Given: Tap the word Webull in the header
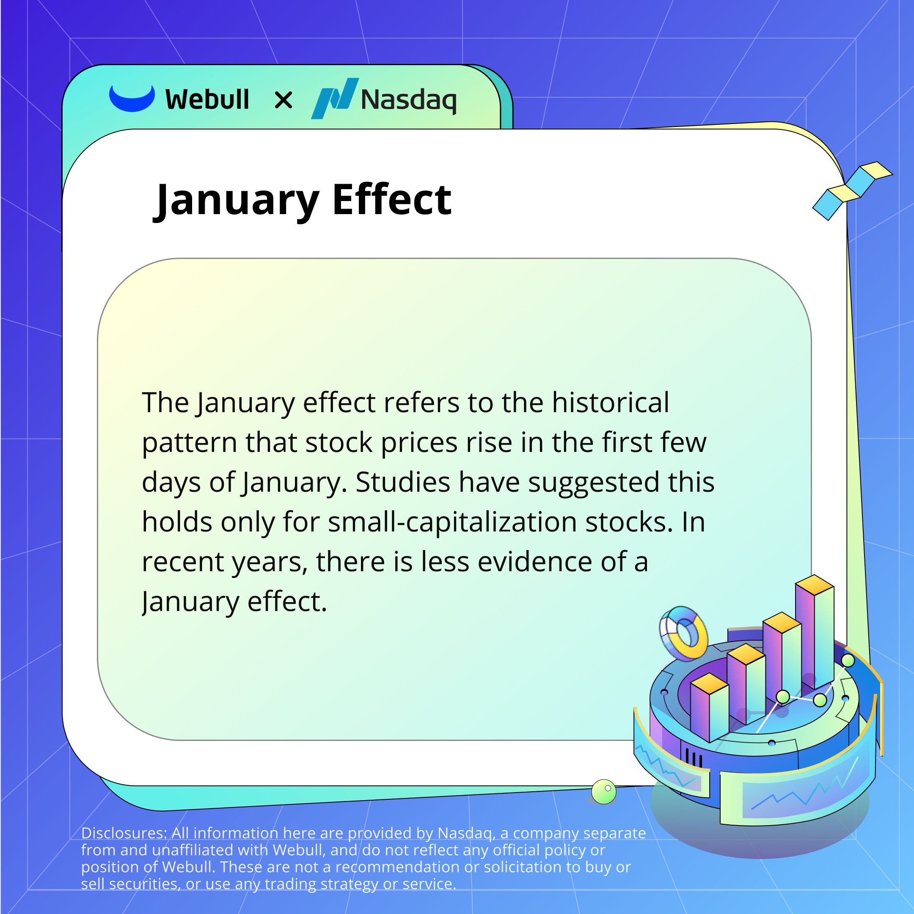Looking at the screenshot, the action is (x=207, y=100).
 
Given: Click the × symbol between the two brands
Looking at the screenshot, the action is (x=284, y=100).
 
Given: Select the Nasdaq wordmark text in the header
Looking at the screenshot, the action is (x=408, y=100).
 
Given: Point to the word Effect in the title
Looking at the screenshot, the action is (x=392, y=200).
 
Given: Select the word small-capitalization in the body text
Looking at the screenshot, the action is (x=452, y=523).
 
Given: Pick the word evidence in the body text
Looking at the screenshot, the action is (x=535, y=562).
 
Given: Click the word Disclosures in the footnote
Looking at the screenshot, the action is (x=124, y=833).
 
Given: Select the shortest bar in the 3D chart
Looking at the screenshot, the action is (x=709, y=709).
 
